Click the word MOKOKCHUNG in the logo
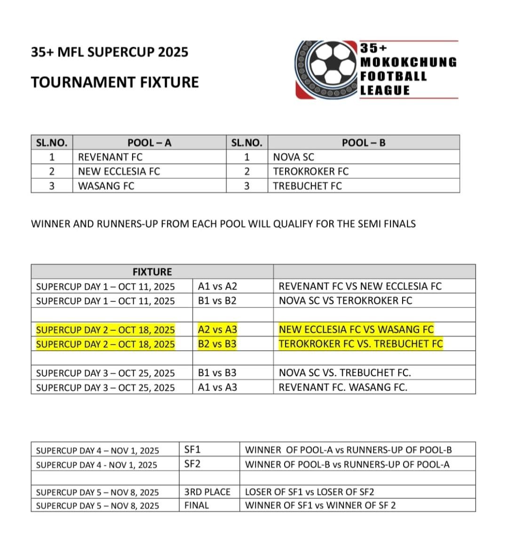(x=408, y=62)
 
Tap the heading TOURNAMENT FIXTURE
(x=115, y=82)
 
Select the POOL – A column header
(x=149, y=143)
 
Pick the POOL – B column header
(x=364, y=143)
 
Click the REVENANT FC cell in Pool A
(x=110, y=157)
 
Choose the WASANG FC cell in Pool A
(x=106, y=186)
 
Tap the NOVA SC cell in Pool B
(x=294, y=157)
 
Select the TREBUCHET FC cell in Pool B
(x=307, y=186)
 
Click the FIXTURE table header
(x=152, y=272)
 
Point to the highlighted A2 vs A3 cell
(x=217, y=330)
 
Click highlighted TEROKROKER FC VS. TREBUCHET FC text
(x=361, y=344)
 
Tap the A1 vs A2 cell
(x=217, y=286)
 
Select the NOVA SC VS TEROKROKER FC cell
(x=345, y=300)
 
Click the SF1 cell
(x=192, y=450)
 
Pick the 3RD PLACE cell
(x=207, y=492)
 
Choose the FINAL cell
(x=197, y=506)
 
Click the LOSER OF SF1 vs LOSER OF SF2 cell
(x=310, y=492)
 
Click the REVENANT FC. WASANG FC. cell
(x=343, y=388)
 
